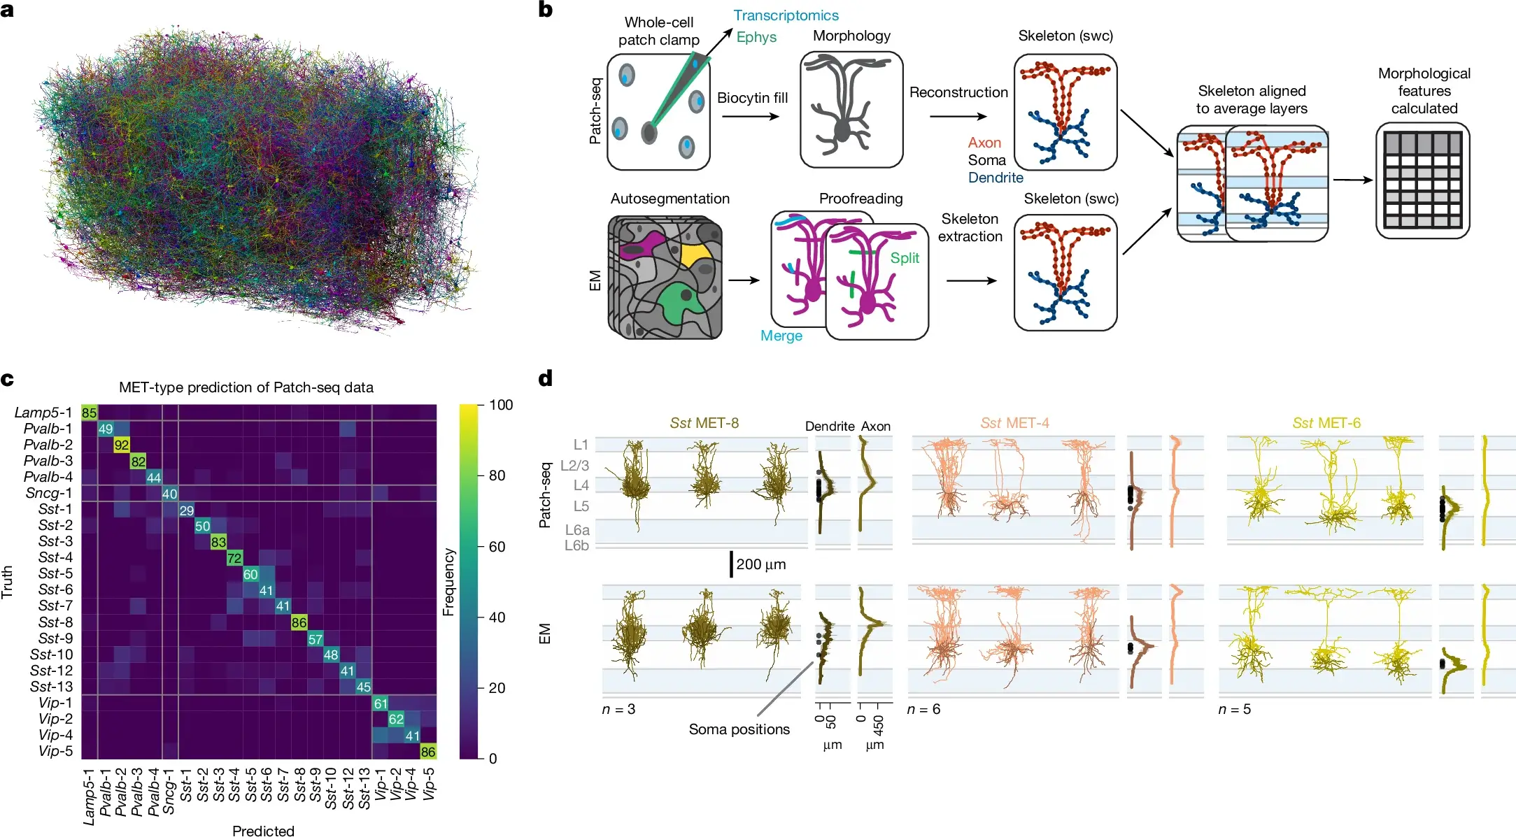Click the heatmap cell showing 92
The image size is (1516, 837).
tap(122, 445)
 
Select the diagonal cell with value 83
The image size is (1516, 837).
tap(218, 542)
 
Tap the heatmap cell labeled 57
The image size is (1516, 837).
tap(316, 639)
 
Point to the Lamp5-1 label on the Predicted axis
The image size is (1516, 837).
tap(89, 796)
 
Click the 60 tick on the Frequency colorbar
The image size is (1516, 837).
tap(497, 547)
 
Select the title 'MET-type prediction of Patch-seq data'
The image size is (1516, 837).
tap(246, 387)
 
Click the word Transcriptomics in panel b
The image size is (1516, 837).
tap(786, 15)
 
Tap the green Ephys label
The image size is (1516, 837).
tap(756, 37)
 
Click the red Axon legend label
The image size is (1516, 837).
tap(984, 143)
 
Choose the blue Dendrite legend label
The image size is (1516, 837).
tap(996, 178)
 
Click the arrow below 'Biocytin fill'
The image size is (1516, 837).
tap(750, 116)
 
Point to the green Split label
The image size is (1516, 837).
tap(905, 258)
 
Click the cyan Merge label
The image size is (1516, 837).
tap(781, 336)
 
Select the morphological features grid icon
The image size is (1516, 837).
tap(1423, 180)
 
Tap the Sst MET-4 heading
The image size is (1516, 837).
tap(1014, 423)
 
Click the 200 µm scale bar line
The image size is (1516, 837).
tap(731, 564)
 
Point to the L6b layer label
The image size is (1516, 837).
tap(577, 545)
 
